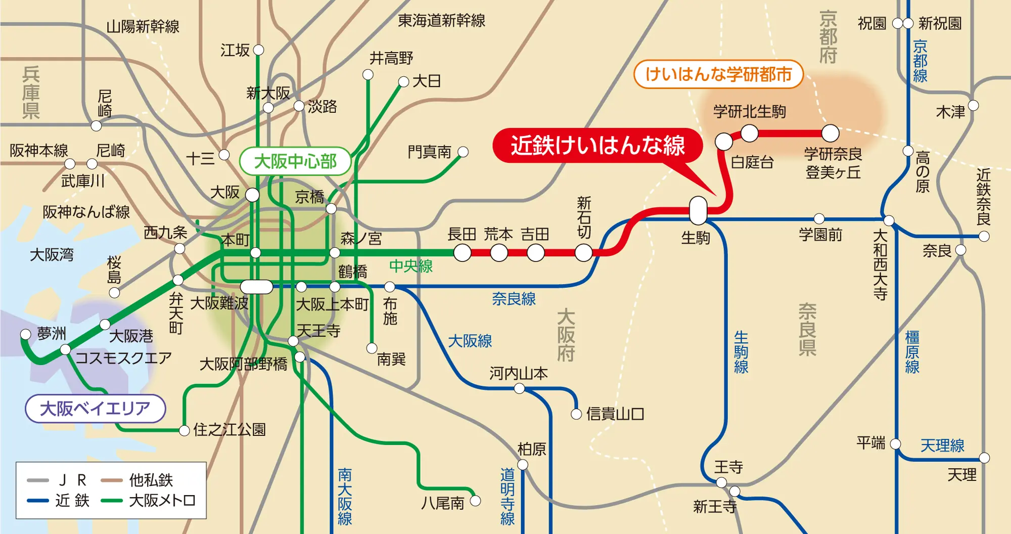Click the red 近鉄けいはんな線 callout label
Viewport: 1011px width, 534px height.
(x=598, y=146)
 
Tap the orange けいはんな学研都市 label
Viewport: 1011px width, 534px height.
(x=718, y=74)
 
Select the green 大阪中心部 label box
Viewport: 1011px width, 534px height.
(x=295, y=161)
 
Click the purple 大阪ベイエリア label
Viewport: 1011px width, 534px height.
(x=95, y=409)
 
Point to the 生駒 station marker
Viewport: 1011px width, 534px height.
(x=698, y=210)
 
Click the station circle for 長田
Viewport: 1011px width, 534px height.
(x=462, y=253)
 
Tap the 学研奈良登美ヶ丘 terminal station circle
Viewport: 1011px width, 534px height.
(x=830, y=133)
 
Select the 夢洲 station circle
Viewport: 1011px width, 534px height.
(x=26, y=334)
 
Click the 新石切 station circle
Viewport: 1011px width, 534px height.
(x=583, y=253)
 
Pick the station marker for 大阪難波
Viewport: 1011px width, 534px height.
(x=256, y=287)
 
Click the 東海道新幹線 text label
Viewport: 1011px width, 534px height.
(x=441, y=21)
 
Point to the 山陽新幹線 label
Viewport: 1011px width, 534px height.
(x=143, y=27)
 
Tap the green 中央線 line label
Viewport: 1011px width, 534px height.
(x=411, y=266)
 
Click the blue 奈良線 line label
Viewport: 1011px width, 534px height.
(x=514, y=299)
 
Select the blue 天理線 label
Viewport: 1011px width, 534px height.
(x=942, y=446)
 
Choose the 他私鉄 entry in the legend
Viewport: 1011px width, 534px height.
(x=151, y=480)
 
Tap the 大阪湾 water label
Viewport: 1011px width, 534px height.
(x=52, y=254)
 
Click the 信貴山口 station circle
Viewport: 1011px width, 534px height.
(x=576, y=414)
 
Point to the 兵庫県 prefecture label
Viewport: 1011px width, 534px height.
(x=31, y=93)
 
